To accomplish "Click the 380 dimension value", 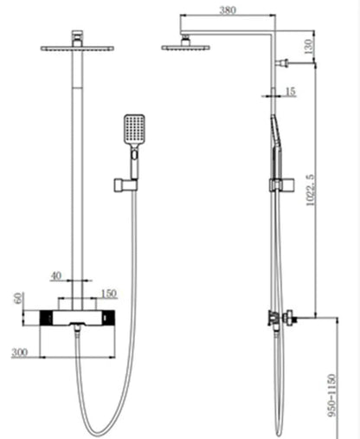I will [x=228, y=10].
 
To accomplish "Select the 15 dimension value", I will [x=290, y=91].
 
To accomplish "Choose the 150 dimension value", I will [x=109, y=293].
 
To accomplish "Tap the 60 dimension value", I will [x=16, y=298].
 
